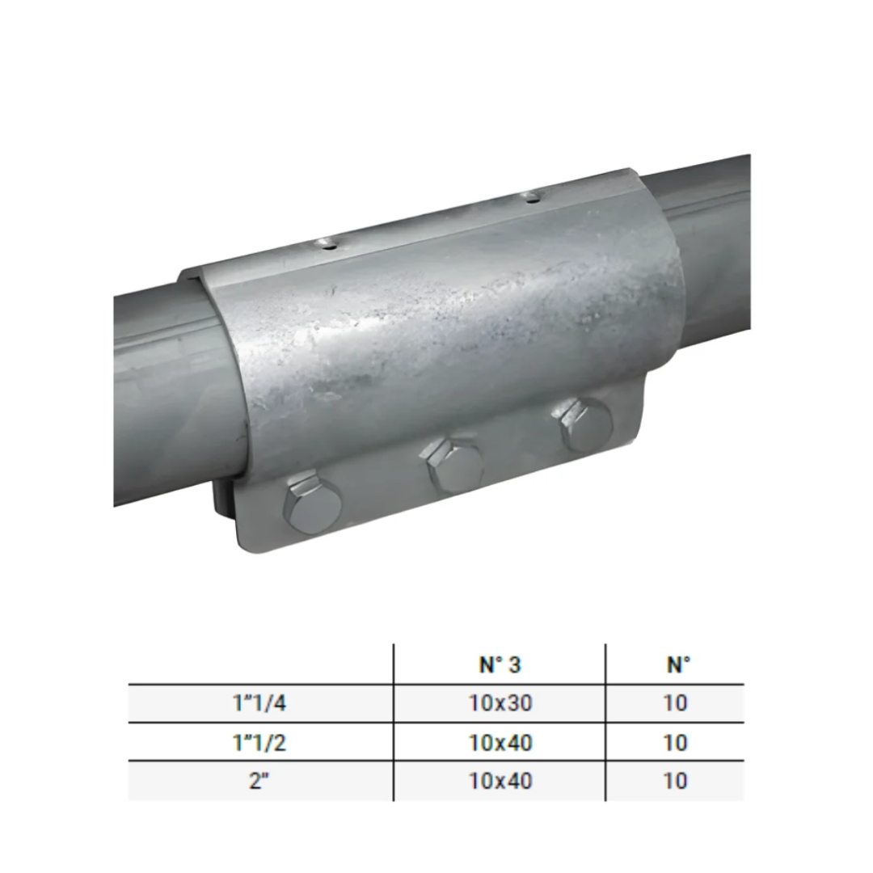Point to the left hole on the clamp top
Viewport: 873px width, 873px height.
point(325,243)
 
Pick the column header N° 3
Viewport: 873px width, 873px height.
point(500,664)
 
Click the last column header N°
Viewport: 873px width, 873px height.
point(677,664)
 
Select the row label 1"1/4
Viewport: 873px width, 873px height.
point(259,703)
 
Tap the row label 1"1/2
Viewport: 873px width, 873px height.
point(259,743)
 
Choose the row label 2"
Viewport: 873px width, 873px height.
point(259,781)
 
